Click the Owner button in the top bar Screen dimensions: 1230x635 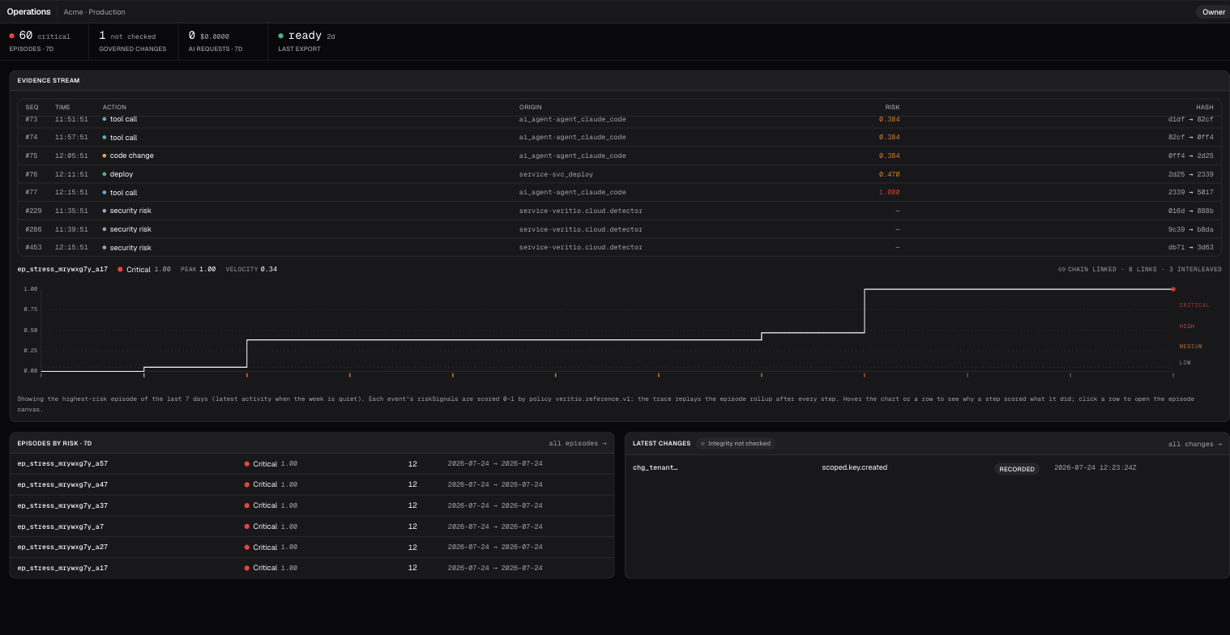point(1213,12)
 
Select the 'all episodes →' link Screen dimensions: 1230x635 point(577,444)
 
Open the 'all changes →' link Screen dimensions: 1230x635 point(1194,444)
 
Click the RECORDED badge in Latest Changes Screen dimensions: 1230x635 point(1016,469)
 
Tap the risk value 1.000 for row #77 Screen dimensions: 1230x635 point(889,192)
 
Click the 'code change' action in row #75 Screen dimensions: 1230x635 point(132,156)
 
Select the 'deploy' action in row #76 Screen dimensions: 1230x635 point(122,174)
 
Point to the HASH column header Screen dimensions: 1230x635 point(1204,107)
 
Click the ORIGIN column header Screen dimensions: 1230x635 point(531,107)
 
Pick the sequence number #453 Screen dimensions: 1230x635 point(33,248)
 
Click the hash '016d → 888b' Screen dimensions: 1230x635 point(1190,211)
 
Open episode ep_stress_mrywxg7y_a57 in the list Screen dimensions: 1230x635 point(62,464)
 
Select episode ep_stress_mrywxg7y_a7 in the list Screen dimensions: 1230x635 point(61,526)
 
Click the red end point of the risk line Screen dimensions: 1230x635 point(1173,289)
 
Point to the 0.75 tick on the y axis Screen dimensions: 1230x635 point(31,309)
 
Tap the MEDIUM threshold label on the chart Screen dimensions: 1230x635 point(1190,347)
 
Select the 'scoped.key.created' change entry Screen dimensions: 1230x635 point(854,467)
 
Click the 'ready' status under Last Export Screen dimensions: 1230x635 point(305,36)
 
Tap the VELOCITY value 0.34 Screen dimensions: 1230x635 point(268,270)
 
